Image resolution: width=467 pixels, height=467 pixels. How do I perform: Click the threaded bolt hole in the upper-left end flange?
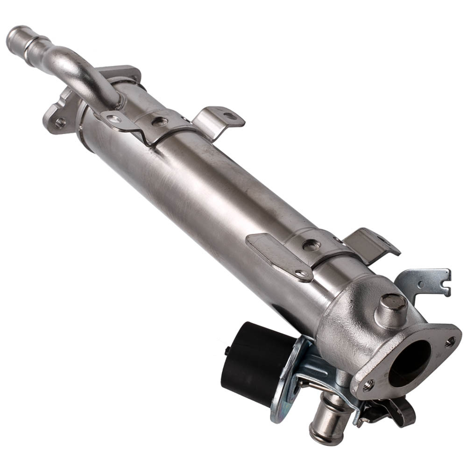point(59,123)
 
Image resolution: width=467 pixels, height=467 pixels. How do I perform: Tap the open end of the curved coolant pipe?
point(15,35)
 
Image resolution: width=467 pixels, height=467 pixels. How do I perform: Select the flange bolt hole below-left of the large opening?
point(368,385)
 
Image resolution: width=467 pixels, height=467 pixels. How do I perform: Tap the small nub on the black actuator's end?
point(227,351)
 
